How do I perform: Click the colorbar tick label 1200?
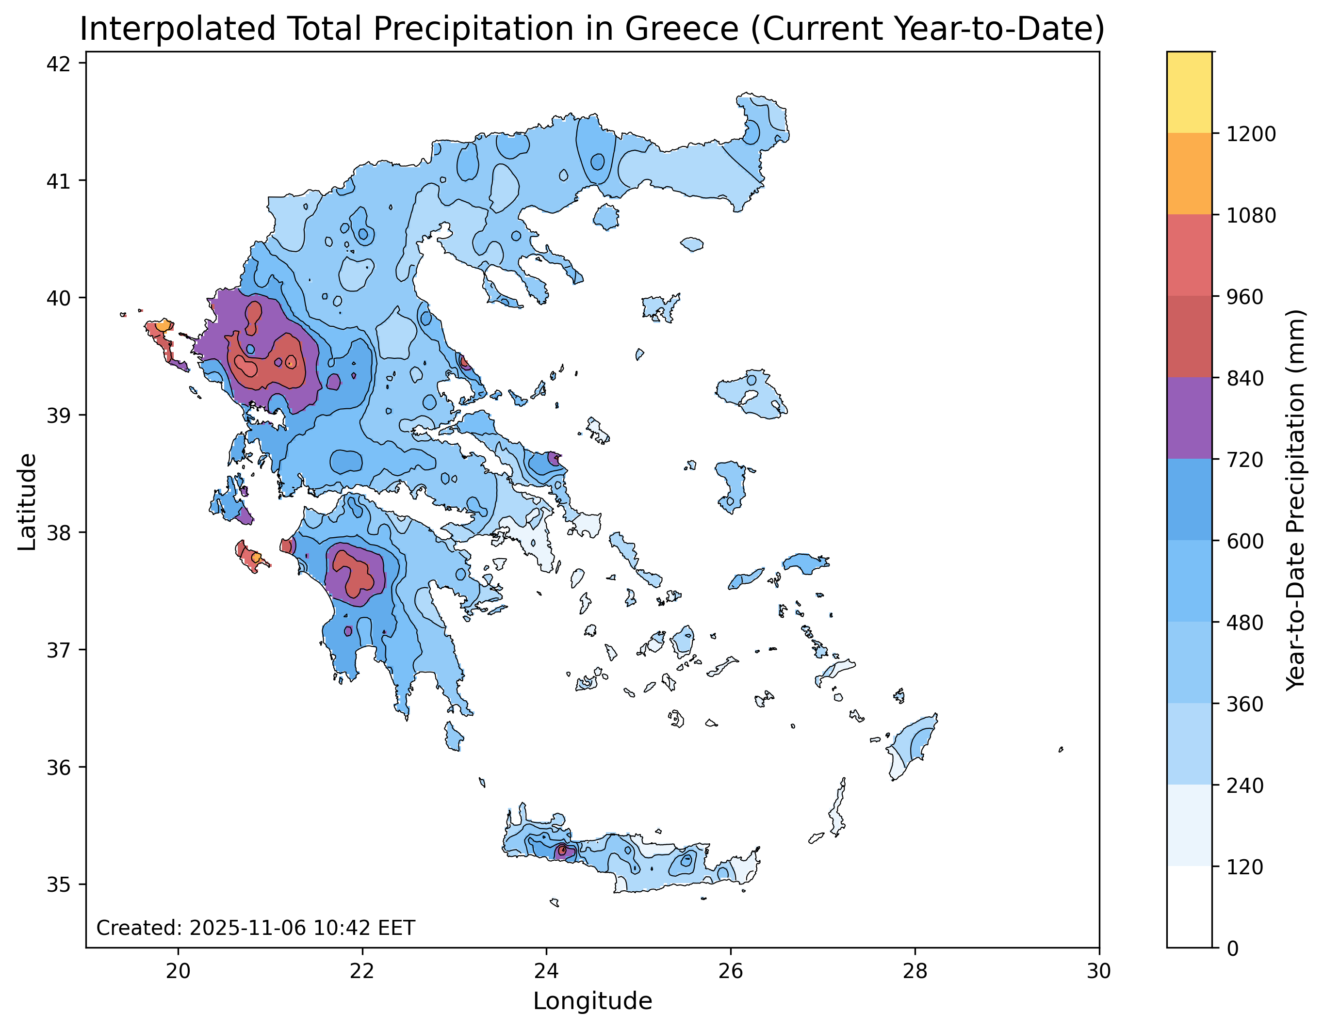coord(1251,134)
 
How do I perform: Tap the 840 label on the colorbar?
coord(1245,378)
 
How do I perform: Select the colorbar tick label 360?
coord(1245,704)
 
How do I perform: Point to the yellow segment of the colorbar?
coord(1189,92)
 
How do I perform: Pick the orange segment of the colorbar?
coord(1189,174)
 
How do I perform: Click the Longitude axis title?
coord(592,1001)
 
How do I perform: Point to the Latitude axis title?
coord(27,502)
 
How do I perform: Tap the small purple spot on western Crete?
coord(561,852)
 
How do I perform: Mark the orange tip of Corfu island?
coord(163,326)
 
